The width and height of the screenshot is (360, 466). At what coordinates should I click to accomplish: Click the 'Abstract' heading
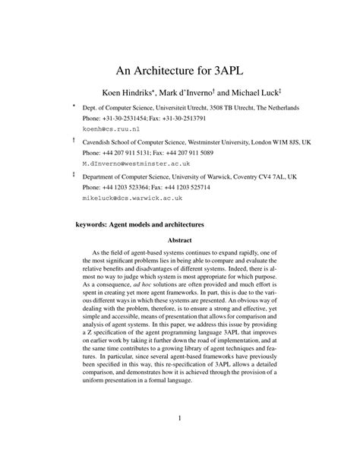[x=180, y=243]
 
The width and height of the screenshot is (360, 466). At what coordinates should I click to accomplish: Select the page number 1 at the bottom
[x=180, y=417]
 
